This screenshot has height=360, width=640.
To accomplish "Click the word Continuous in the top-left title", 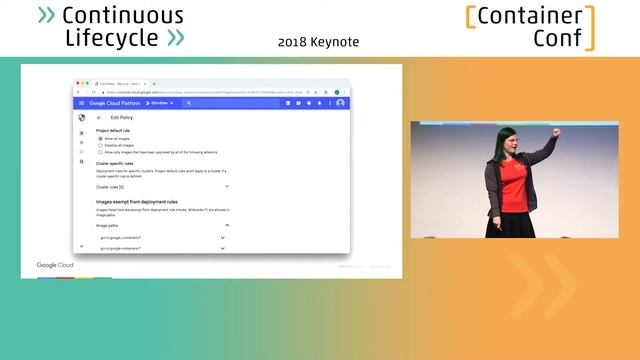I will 123,16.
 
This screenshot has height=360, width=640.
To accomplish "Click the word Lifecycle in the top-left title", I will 111,38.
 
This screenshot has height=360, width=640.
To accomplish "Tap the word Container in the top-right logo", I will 529,16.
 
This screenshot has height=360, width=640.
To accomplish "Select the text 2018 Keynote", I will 318,42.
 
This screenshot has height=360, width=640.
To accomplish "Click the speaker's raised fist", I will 556,132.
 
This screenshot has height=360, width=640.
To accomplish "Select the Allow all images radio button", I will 100,138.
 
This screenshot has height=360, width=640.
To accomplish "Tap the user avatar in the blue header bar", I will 340,103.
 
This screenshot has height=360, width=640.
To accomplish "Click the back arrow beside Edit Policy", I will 99,118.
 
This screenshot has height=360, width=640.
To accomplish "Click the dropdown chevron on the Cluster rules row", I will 227,186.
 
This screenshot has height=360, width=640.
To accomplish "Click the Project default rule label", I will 115,131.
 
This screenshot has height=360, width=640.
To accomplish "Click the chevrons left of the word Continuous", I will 46,16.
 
